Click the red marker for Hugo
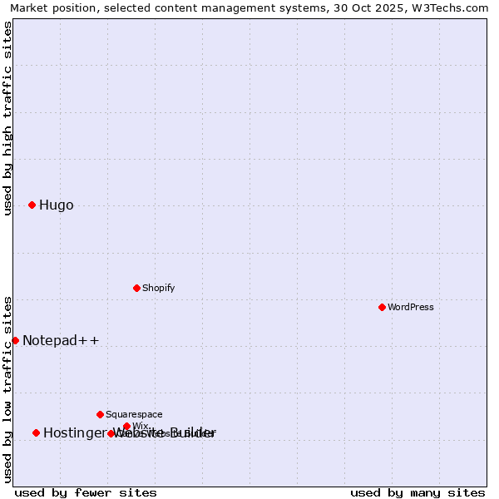click(x=32, y=205)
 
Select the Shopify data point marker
click(x=136, y=288)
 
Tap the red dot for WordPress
click(x=382, y=307)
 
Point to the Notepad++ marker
click(x=15, y=340)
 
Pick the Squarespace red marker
click(x=100, y=414)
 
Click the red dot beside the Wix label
click(x=126, y=426)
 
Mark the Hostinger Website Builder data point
click(x=36, y=432)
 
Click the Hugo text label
click(x=56, y=205)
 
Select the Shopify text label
click(x=158, y=288)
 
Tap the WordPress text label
click(x=410, y=307)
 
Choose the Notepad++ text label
click(x=61, y=340)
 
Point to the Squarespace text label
click(x=134, y=414)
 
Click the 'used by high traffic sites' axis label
click(x=7, y=118)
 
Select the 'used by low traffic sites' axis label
click(x=7, y=389)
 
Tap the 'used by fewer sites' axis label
click(x=86, y=492)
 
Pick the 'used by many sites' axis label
click(x=417, y=492)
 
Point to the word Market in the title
click(x=29, y=7)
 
